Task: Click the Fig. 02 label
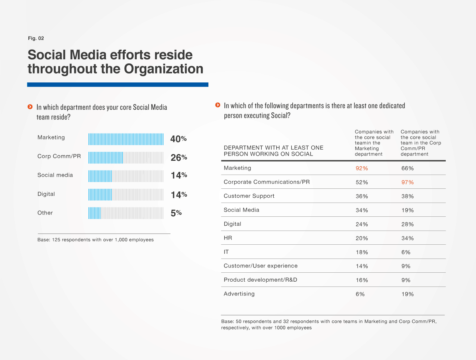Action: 36,38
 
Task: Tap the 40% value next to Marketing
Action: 178,139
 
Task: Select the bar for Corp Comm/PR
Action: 126,157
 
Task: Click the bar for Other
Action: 126,213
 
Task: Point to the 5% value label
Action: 176,213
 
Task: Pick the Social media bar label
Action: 55,175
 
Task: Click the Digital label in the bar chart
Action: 46,194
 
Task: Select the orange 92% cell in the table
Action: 362,168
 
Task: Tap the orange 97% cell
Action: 408,182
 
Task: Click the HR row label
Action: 228,238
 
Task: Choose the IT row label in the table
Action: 226,252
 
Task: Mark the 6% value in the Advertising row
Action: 360,294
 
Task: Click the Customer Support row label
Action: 249,196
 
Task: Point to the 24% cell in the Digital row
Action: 362,224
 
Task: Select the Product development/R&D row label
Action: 260,280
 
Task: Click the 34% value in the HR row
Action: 408,238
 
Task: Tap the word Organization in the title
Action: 164,69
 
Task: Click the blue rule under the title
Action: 118,85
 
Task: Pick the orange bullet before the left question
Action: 30,107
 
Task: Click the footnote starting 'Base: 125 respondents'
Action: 96,240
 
